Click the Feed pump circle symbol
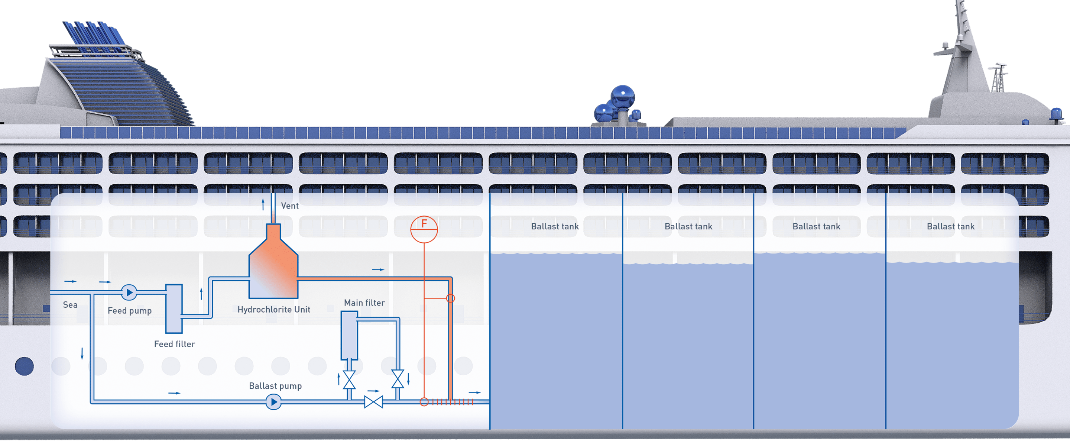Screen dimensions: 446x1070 [x=129, y=293]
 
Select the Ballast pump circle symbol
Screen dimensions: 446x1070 [x=274, y=402]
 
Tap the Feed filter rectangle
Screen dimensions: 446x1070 [x=174, y=309]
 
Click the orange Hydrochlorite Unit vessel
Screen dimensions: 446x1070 [x=273, y=266]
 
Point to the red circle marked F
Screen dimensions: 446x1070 [x=424, y=229]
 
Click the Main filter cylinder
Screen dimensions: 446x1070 [x=349, y=336]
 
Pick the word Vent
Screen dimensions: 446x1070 [x=290, y=206]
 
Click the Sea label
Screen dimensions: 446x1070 [x=70, y=305]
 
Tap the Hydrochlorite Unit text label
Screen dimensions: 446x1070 [x=274, y=309]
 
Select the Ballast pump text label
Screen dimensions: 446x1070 [x=275, y=386]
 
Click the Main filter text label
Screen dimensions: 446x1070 [x=364, y=303]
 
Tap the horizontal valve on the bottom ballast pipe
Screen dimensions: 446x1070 [x=373, y=402]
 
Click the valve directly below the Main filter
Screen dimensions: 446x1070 [x=349, y=379]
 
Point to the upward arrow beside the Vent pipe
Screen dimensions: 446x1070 [x=263, y=204]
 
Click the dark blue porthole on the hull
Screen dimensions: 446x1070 [x=25, y=366]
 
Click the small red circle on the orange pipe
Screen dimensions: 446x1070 [x=451, y=298]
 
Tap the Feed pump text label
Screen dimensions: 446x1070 [x=130, y=310]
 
